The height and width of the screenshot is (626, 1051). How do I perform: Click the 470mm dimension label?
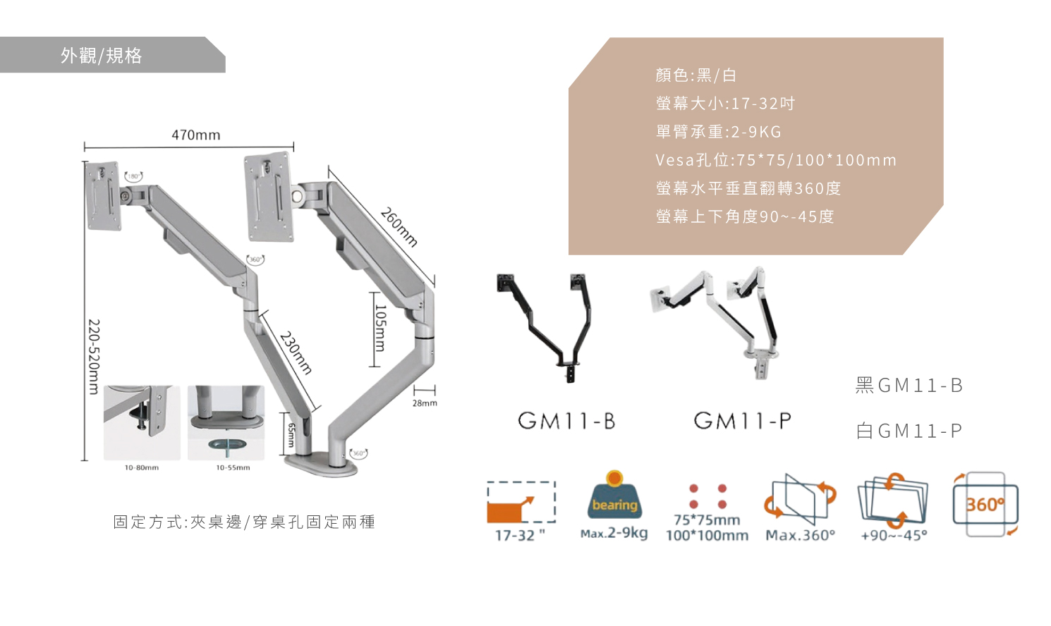[x=195, y=135]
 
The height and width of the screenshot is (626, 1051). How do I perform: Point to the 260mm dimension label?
[x=399, y=226]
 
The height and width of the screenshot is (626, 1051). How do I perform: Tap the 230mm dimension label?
[x=296, y=352]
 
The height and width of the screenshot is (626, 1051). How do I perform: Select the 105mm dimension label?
[x=380, y=328]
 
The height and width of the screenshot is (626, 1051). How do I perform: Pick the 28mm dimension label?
[x=425, y=403]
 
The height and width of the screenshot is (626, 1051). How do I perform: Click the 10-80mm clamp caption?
[x=142, y=467]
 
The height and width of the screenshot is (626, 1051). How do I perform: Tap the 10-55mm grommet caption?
[x=233, y=467]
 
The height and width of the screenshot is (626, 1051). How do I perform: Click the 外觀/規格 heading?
[x=102, y=56]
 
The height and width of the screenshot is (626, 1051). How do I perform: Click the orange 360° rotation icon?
[x=985, y=504]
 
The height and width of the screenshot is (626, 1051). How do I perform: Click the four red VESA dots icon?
[x=707, y=496]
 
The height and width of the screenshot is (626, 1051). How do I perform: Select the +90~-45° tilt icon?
[x=893, y=500]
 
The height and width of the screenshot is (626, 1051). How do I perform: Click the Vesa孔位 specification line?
[x=776, y=160]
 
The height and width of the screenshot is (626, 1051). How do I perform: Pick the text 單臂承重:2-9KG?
[x=719, y=132]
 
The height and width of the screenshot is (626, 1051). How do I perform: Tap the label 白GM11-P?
[x=909, y=431]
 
